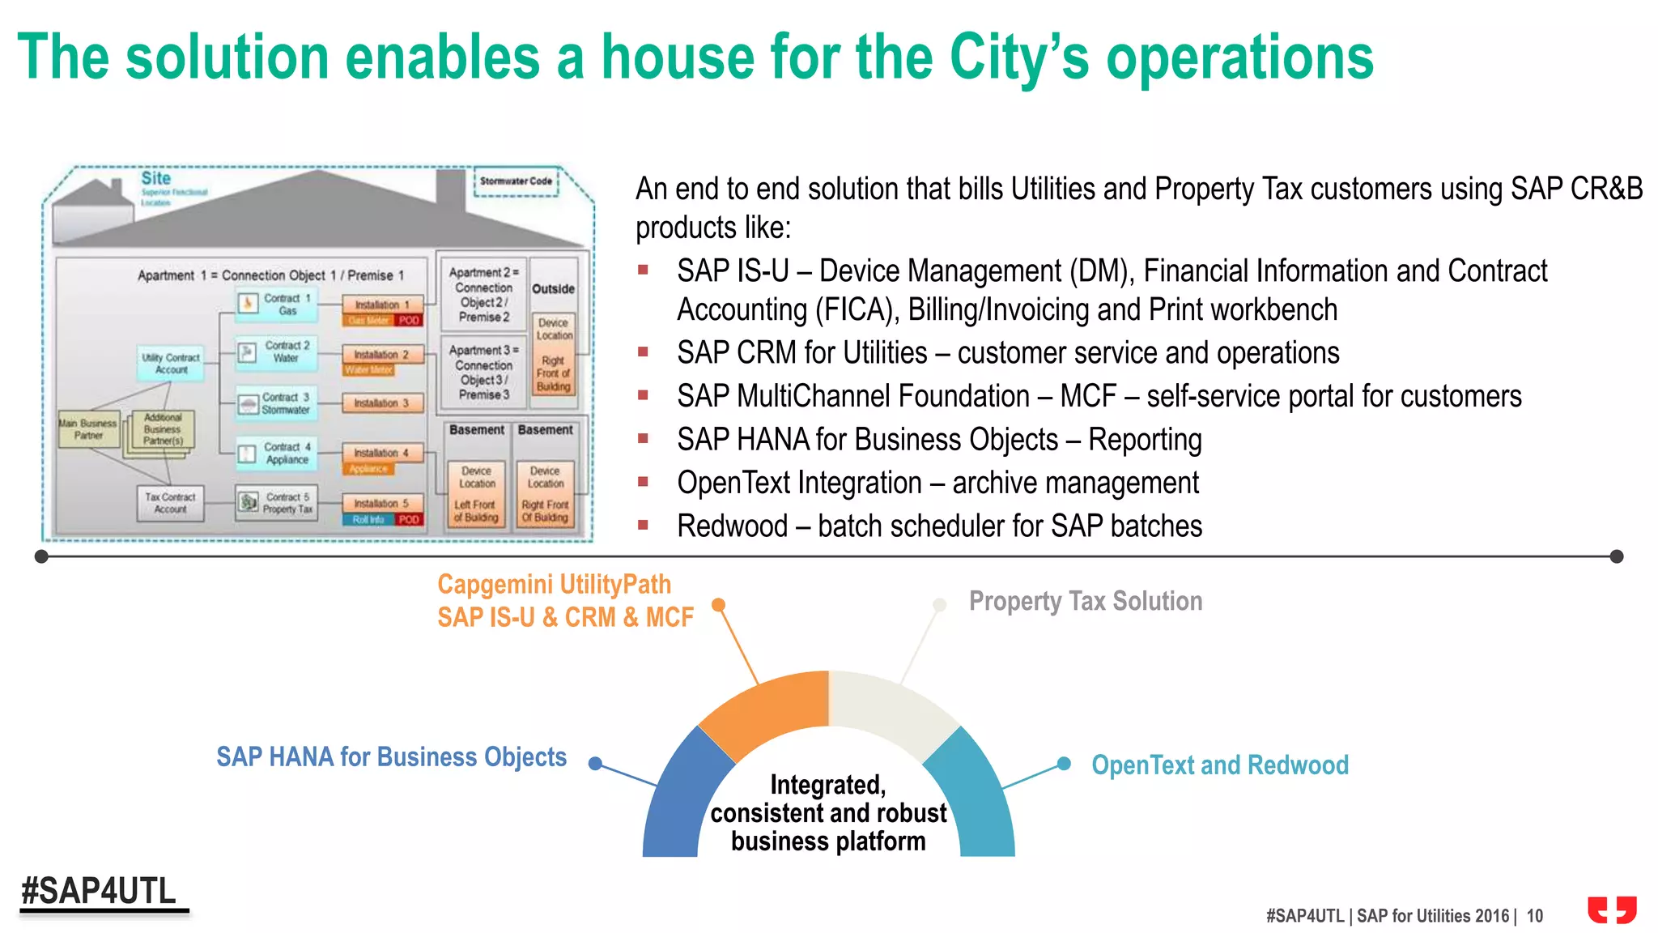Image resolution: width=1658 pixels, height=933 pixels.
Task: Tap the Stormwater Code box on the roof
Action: [517, 181]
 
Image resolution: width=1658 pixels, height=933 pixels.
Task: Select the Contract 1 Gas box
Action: [278, 305]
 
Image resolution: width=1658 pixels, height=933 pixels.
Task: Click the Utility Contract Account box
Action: [171, 363]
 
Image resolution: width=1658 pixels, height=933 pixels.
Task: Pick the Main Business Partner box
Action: [88, 429]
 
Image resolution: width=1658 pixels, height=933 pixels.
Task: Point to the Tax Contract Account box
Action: [170, 503]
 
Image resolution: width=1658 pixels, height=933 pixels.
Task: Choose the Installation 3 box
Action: [382, 403]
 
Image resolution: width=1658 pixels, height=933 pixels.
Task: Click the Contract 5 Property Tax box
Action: [278, 503]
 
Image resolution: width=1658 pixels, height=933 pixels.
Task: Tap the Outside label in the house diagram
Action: [553, 289]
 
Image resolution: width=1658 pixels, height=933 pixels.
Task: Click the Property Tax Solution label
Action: [1085, 601]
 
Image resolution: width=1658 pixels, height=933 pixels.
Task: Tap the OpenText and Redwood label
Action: [1219, 765]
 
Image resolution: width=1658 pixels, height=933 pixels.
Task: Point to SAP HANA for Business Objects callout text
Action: [391, 756]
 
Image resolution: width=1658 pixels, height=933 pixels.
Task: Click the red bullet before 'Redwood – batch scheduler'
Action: [644, 525]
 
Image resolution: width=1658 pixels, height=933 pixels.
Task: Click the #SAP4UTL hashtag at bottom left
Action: [99, 891]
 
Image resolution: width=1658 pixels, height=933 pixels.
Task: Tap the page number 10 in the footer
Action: [1535, 916]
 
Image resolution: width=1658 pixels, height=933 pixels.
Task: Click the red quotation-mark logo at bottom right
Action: [1611, 909]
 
